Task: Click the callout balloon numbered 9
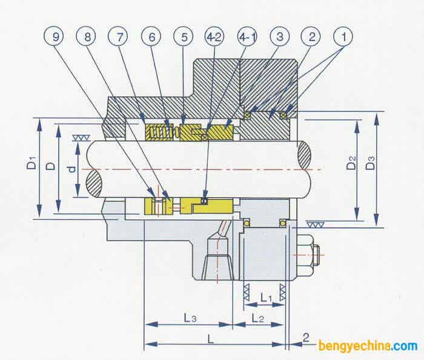tap(56, 37)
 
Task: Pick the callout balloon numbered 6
tap(151, 37)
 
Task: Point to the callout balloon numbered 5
tap(183, 37)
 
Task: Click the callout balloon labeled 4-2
tap(214, 37)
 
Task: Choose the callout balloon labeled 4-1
tap(247, 37)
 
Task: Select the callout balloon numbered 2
tap(311, 37)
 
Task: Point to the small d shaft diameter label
tap(72, 170)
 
